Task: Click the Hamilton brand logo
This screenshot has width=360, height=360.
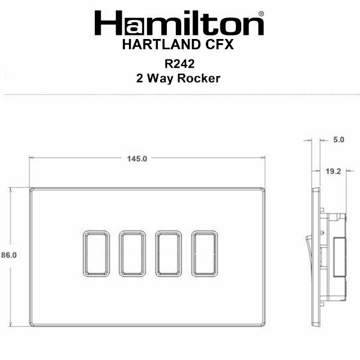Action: [x=179, y=23]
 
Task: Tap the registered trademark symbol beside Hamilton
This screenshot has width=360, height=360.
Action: [x=261, y=14]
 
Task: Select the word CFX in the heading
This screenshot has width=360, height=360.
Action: [x=219, y=44]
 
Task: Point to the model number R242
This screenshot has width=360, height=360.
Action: [x=179, y=64]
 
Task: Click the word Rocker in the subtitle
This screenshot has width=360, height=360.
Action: [x=199, y=78]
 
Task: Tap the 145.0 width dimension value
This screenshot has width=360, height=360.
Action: [x=137, y=158]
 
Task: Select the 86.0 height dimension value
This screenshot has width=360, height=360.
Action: [x=9, y=255]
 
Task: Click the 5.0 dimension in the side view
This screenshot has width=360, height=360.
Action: [x=338, y=140]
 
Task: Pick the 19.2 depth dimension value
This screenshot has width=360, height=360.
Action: [x=334, y=171]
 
